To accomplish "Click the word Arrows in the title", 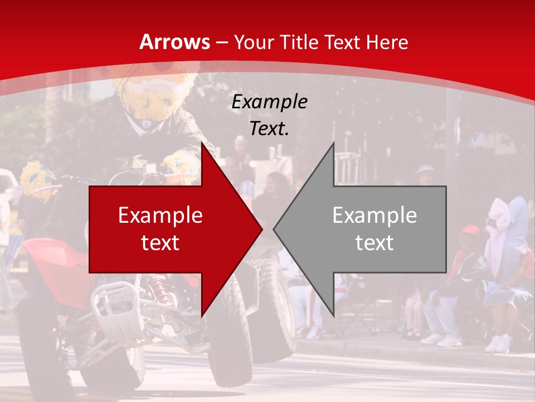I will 174,42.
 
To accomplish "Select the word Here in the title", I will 387,42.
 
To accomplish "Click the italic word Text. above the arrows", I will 269,128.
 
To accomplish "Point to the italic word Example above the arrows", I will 269,102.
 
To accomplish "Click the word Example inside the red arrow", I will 160,216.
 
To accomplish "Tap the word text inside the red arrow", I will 160,242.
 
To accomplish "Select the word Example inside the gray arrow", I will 374,216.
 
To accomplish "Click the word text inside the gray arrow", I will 374,242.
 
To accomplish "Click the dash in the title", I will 222,43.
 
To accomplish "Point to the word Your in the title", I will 253,42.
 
